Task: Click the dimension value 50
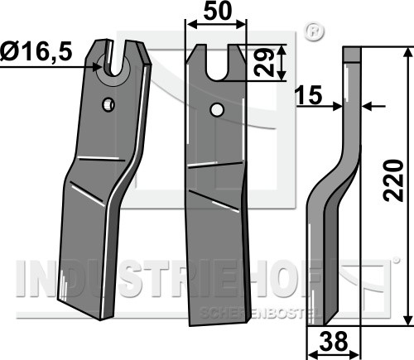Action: (217, 11)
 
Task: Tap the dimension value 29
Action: (264, 63)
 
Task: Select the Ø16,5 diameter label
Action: (36, 51)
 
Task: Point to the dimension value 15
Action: (308, 95)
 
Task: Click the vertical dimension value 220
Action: (393, 180)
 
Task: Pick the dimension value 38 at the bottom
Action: (334, 341)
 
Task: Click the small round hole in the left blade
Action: (108, 104)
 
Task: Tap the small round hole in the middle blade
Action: (216, 110)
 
